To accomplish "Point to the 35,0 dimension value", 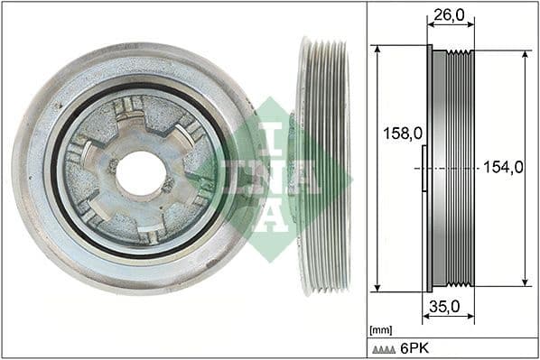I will (x=445, y=307).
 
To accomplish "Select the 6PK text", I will (x=414, y=347).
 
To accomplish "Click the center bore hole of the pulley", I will (x=141, y=172).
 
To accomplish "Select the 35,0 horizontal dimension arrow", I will (x=445, y=318).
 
